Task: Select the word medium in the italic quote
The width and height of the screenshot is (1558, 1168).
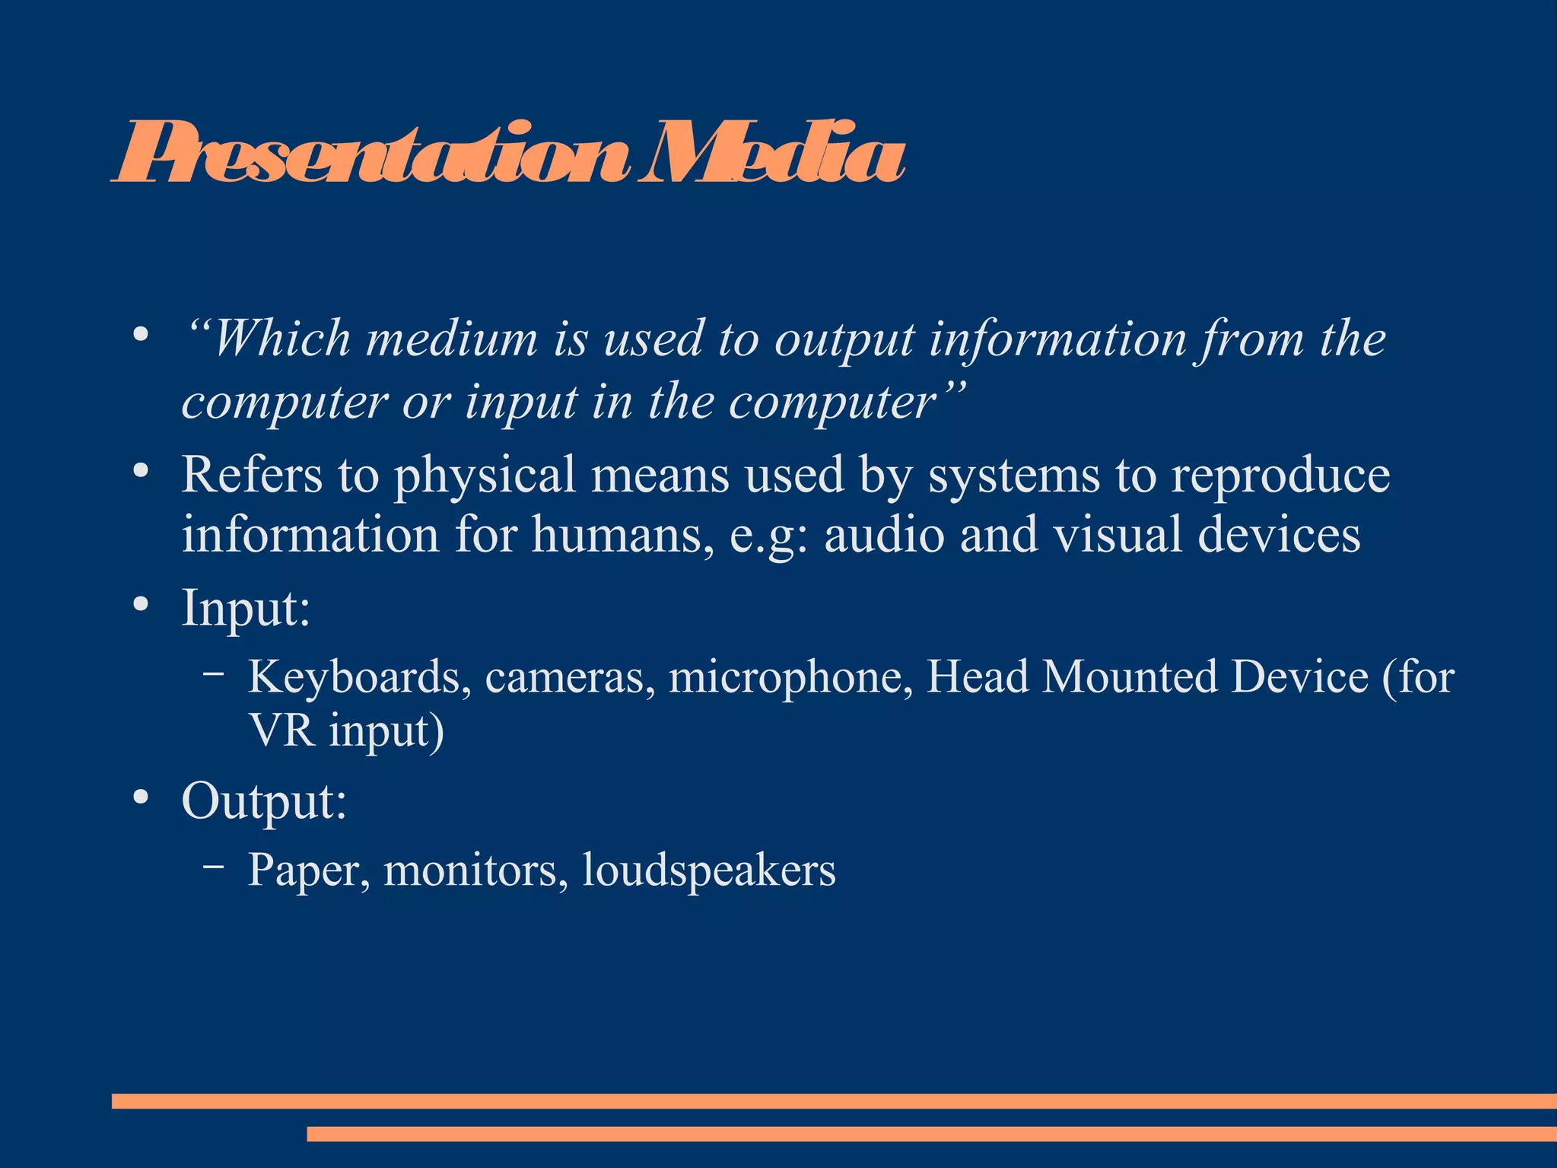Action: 452,339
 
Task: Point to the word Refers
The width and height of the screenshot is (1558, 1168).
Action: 252,476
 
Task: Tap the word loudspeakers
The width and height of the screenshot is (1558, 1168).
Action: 708,870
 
